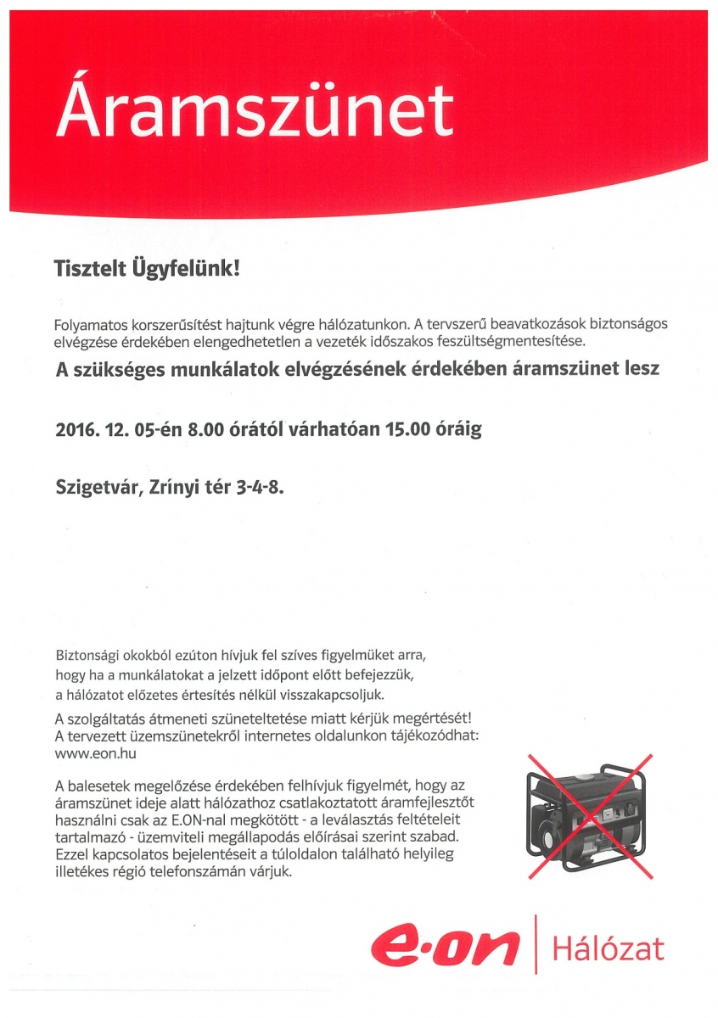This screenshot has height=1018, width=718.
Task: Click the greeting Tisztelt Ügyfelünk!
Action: click(148, 270)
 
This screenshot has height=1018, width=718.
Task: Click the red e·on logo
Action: click(445, 944)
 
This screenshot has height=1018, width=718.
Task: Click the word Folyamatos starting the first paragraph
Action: click(91, 325)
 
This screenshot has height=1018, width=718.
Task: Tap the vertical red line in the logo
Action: click(536, 944)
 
